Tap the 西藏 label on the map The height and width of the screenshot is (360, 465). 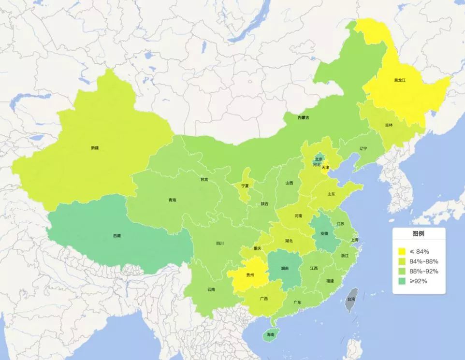pyautogui.click(x=117, y=236)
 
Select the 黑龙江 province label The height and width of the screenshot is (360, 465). pyautogui.click(x=400, y=80)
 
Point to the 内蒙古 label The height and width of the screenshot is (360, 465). pyautogui.click(x=303, y=117)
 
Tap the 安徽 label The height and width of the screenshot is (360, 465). pyautogui.click(x=324, y=233)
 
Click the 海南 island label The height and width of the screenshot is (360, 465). pyautogui.click(x=270, y=334)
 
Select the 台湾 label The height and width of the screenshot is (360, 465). pyautogui.click(x=351, y=299)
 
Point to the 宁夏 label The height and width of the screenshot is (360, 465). pyautogui.click(x=245, y=186)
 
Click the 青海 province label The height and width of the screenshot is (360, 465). pyautogui.click(x=172, y=200)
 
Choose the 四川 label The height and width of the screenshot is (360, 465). pyautogui.click(x=220, y=243)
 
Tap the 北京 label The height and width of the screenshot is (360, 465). pyautogui.click(x=319, y=158)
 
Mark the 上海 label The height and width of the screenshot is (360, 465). pyautogui.click(x=355, y=240)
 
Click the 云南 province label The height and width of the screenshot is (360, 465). pyautogui.click(x=211, y=289)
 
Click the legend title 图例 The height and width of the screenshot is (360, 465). pyautogui.click(x=418, y=234)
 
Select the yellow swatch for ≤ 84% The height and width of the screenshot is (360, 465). pyautogui.click(x=402, y=251)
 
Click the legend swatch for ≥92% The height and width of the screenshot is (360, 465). pyautogui.click(x=402, y=281)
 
